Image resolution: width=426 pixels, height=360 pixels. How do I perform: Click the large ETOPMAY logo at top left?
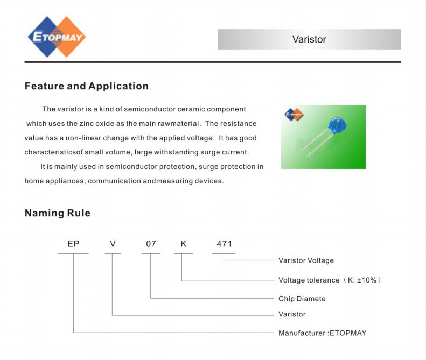click(57, 37)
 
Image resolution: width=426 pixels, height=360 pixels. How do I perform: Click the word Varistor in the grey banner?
click(309, 39)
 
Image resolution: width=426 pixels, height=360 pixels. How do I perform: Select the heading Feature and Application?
click(87, 86)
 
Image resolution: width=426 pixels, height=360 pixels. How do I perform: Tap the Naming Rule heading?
click(58, 213)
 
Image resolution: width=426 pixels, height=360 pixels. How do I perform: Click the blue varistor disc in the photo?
click(337, 126)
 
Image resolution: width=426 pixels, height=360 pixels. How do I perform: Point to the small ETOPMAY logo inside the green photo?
click(294, 114)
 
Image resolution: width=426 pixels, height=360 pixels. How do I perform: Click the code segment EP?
click(73, 244)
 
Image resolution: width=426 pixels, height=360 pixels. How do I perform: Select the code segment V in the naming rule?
click(113, 244)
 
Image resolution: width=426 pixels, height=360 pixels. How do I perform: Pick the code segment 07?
click(151, 244)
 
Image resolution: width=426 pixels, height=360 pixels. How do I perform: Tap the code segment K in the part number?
click(184, 244)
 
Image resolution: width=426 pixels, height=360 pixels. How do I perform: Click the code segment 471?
click(224, 244)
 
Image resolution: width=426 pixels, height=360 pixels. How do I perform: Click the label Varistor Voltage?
click(306, 260)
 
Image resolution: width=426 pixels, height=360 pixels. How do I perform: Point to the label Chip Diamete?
click(302, 299)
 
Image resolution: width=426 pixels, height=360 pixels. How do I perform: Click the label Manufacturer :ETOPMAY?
click(323, 333)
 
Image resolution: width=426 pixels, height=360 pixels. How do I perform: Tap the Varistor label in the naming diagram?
click(292, 314)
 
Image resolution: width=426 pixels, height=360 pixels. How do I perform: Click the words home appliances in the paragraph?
click(54, 181)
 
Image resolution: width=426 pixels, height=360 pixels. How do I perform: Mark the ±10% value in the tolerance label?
click(367, 280)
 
